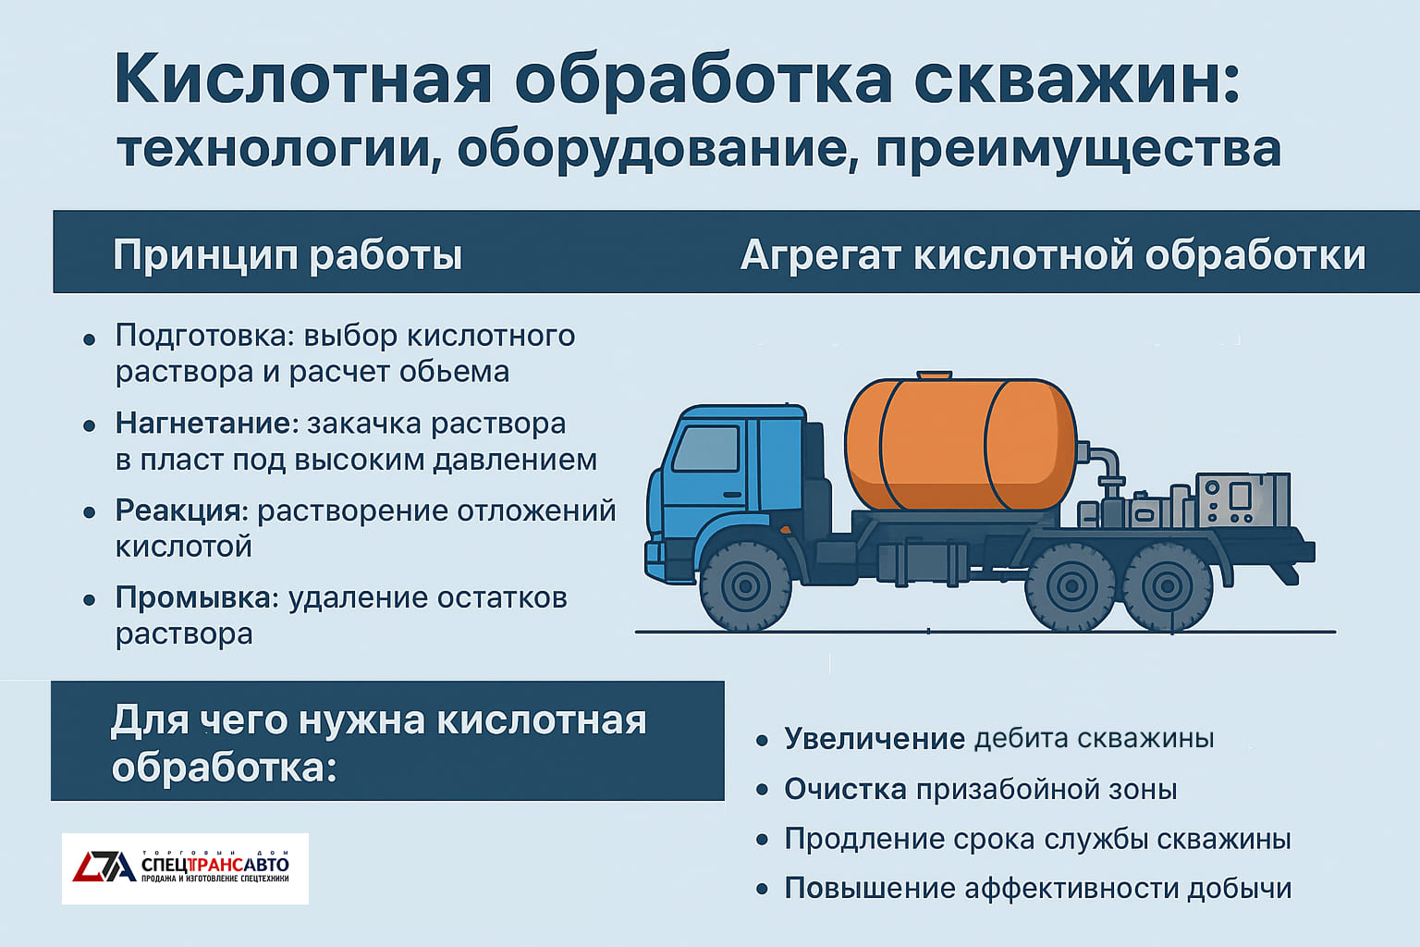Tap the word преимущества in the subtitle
click(x=1078, y=150)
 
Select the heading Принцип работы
click(x=287, y=254)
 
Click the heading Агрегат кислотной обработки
click(x=1053, y=254)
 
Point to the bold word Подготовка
click(x=202, y=335)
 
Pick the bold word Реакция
click(x=181, y=510)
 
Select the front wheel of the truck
click(x=745, y=584)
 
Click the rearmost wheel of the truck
click(x=1166, y=585)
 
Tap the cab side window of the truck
click(x=705, y=449)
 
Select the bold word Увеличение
click(x=875, y=738)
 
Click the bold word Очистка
click(x=845, y=789)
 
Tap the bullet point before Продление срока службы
click(x=762, y=840)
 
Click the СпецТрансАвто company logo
click(x=185, y=867)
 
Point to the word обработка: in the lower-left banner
click(x=224, y=768)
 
